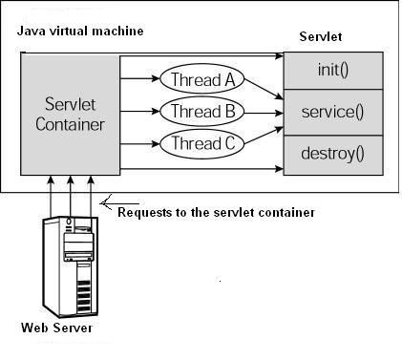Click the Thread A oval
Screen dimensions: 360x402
[x=202, y=79]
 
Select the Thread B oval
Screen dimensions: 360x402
[x=202, y=112]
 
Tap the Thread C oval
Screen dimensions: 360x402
[x=202, y=144]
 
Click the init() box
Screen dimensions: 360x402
[x=333, y=70]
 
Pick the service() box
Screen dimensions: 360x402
[x=333, y=111]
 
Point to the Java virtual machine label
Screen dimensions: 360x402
[x=80, y=32]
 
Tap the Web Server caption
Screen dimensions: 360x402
[x=57, y=328]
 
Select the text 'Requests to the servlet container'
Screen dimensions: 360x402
[x=216, y=211]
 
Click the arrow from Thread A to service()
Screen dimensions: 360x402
[x=264, y=90]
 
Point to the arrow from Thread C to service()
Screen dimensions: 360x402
[x=264, y=134]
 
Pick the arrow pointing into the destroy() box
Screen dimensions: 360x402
[x=201, y=169]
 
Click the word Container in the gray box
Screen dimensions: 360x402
[x=70, y=124]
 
